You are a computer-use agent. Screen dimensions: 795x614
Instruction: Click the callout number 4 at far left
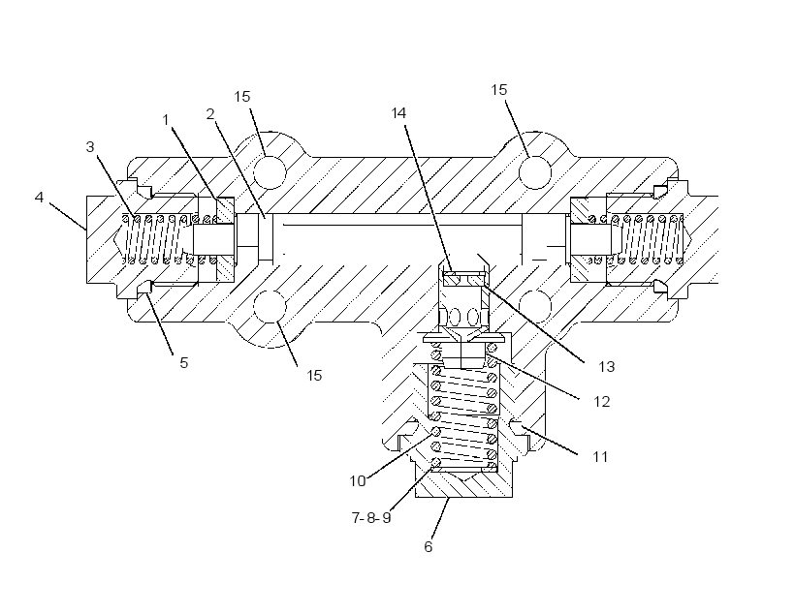point(39,197)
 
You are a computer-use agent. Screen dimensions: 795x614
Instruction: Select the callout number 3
point(90,147)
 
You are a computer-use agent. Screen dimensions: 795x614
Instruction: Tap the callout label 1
point(165,119)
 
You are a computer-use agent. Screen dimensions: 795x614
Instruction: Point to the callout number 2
point(210,114)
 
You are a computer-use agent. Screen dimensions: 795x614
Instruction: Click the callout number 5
point(183,363)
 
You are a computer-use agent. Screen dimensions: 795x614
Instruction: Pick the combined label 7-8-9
point(371,518)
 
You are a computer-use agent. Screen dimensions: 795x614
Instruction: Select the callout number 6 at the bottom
point(429,546)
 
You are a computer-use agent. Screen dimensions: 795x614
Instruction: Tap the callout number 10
point(358,480)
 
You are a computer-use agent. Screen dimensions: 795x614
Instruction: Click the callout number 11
point(600,457)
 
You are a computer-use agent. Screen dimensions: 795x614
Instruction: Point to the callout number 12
point(601,402)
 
